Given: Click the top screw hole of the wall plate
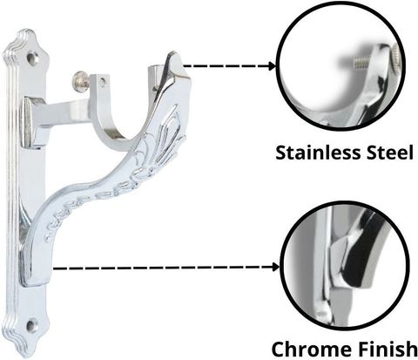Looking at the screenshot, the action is coord(32,57).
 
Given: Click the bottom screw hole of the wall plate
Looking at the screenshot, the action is coord(32,325).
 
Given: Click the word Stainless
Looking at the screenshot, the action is coord(319,153).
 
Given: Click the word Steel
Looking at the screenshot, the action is coord(389,153).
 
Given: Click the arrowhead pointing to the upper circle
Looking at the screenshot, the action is coord(272,66).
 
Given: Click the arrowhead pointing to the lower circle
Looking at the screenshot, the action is coord(275,267).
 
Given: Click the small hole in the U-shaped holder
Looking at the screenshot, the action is coord(102,82).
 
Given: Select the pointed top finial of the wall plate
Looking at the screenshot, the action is coord(25,31).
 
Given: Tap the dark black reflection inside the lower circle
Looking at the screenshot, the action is coord(357,255).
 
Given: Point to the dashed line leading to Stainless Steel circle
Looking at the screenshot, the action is coord(226,66).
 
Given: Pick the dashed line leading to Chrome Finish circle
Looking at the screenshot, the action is coord(162,268).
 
